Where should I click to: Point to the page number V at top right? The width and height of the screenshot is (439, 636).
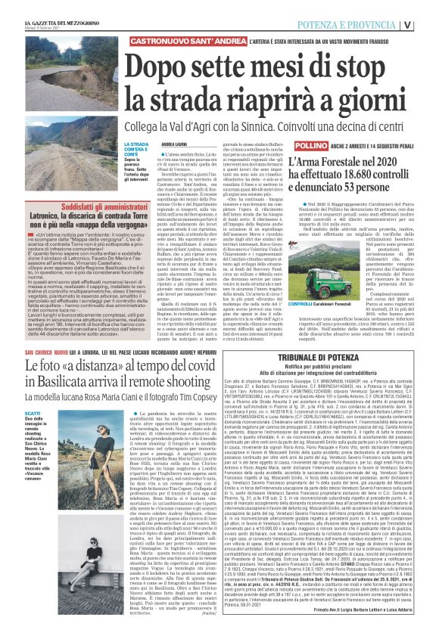(428, 24)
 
